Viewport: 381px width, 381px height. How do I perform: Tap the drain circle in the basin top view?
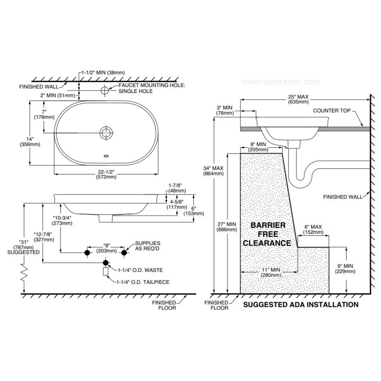106,133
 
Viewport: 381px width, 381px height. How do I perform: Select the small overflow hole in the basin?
106,156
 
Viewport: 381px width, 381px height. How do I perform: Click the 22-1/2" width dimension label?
106,174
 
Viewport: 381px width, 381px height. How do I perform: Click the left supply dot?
87,253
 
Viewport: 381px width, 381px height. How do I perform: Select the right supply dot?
124,253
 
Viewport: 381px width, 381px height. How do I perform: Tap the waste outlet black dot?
106,263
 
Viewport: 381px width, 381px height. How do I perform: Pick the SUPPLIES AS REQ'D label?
148,246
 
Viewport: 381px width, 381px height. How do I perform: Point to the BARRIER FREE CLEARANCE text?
267,234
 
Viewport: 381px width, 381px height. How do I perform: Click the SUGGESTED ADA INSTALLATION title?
301,304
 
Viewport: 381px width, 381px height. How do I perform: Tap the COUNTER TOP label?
331,110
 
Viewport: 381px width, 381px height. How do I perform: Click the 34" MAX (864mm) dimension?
213,171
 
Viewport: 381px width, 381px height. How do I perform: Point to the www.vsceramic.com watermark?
281,82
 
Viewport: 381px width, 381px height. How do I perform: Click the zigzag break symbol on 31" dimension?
24,273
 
